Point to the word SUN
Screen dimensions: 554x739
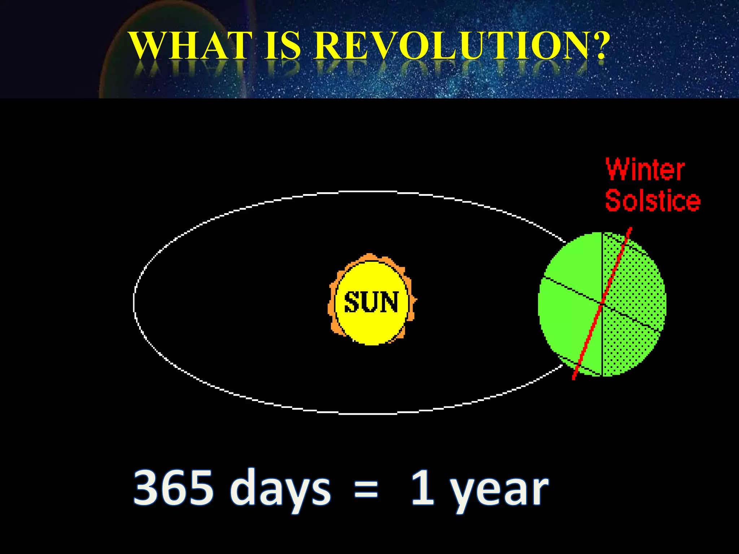(x=371, y=302)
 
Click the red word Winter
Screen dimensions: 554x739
(x=645, y=170)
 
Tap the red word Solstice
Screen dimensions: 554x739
(x=652, y=201)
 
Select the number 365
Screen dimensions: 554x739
(x=173, y=488)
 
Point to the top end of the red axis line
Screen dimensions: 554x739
(x=630, y=228)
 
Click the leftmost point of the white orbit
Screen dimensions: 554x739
(x=135, y=302)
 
